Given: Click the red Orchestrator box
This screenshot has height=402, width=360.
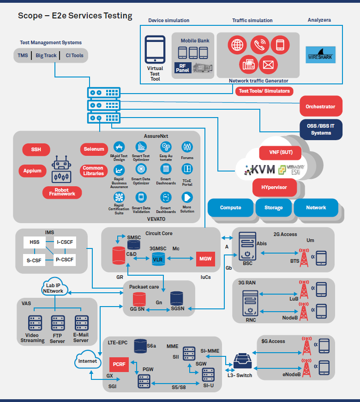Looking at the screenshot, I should [x=321, y=106].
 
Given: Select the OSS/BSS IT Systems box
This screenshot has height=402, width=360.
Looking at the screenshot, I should [x=321, y=130].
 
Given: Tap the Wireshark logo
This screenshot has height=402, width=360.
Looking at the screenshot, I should [x=321, y=55].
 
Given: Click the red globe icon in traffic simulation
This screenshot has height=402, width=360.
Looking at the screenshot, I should [x=237, y=45].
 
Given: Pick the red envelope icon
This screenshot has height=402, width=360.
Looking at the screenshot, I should [x=268, y=65].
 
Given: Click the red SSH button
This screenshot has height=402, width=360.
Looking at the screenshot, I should [x=36, y=149].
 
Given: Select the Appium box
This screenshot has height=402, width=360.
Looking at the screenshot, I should [x=32, y=171].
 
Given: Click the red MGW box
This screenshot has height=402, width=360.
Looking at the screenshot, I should [x=205, y=259].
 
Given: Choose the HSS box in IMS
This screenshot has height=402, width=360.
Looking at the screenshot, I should [x=35, y=242].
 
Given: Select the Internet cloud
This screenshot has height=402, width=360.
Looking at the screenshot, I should [x=88, y=361].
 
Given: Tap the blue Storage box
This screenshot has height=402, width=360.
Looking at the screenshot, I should [x=273, y=207].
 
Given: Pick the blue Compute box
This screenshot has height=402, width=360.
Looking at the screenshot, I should [x=230, y=207].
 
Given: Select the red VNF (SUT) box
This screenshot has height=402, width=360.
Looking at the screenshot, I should [x=275, y=152].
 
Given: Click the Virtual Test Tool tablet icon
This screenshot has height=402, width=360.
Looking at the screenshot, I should [x=155, y=50].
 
